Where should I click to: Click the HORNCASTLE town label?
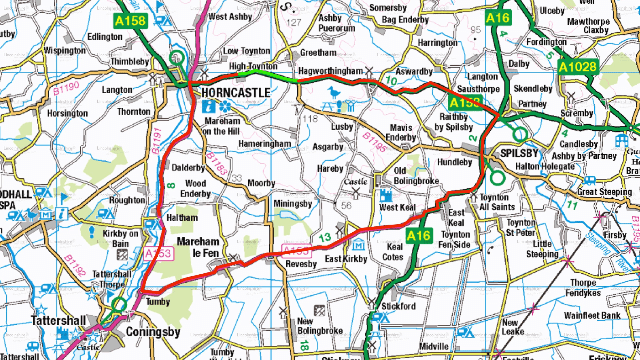click(236, 93)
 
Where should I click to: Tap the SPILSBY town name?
click(519, 153)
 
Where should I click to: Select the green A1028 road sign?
click(578, 67)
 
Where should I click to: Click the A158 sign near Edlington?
click(130, 21)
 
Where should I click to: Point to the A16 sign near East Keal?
click(419, 236)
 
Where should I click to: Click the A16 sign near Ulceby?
click(498, 18)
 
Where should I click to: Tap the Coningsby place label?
click(153, 332)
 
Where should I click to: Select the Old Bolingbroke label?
click(416, 176)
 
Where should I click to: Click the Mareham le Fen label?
click(198, 247)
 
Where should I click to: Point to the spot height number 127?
click(294, 23)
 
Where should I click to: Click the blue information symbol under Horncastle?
click(209, 107)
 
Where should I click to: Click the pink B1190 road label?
click(66, 88)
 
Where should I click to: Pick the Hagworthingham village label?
click(330, 71)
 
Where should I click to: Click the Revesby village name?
click(301, 264)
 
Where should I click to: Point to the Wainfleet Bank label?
click(592, 315)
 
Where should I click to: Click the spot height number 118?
click(310, 119)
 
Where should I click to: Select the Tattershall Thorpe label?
click(112, 279)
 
